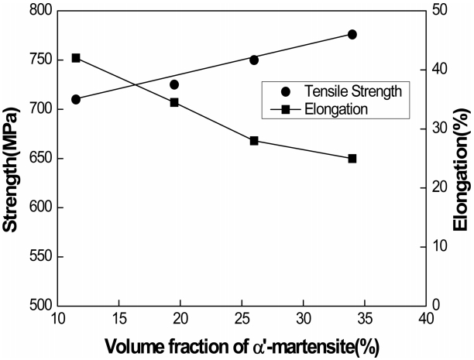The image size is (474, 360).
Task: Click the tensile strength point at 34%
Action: (352, 34)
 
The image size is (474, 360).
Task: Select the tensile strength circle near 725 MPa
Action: (174, 84)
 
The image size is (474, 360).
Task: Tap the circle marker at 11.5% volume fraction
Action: (76, 99)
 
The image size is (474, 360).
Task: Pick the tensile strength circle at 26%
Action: (254, 60)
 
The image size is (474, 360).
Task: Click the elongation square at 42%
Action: (76, 58)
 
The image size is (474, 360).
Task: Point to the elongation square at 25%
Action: (352, 158)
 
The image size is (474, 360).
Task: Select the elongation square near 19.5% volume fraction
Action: (174, 102)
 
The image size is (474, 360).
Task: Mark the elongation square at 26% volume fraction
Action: (254, 141)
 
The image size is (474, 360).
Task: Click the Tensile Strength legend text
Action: (365, 91)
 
